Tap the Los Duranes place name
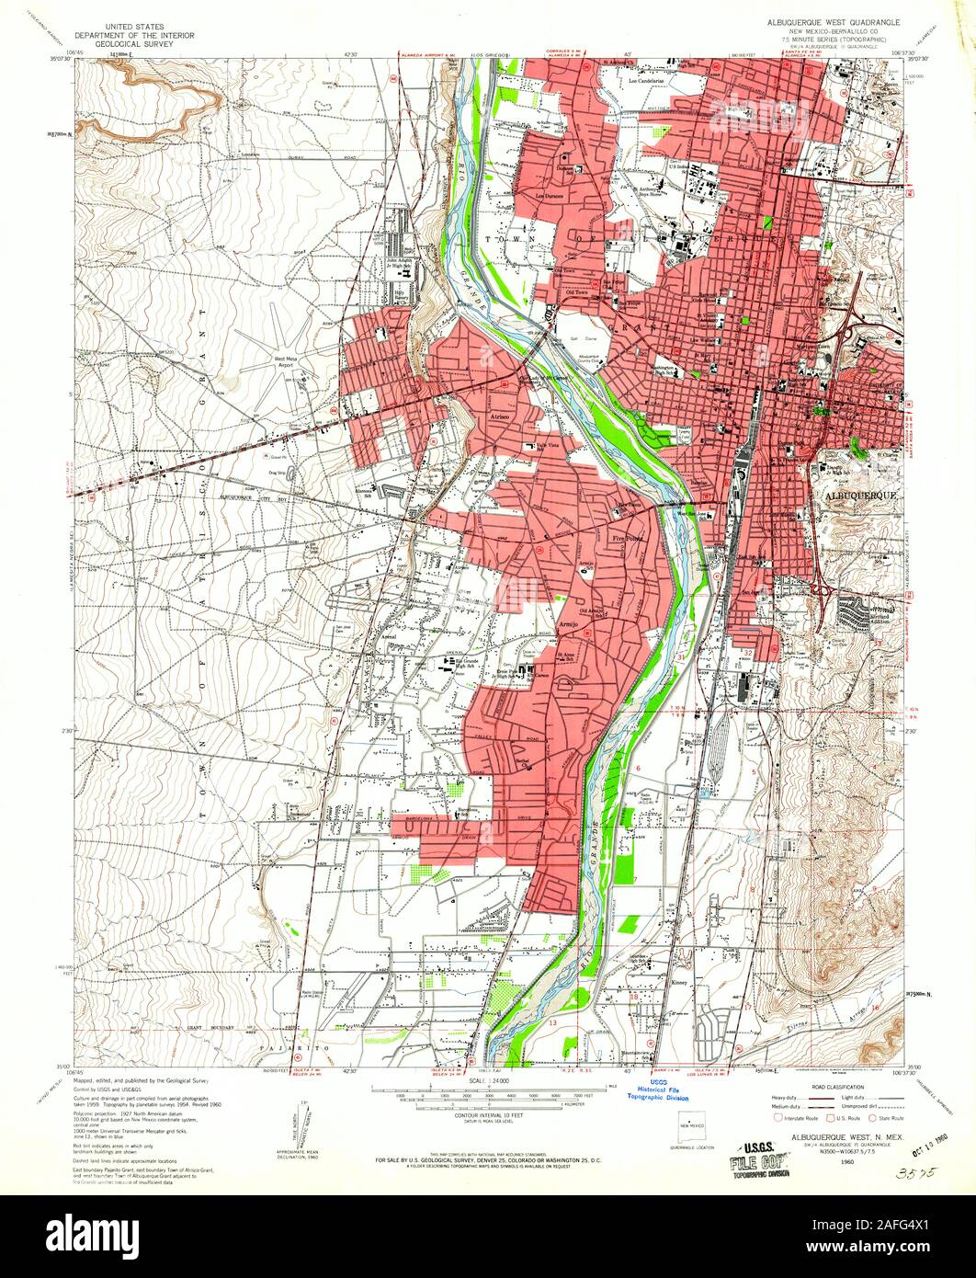(551, 195)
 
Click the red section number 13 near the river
(553, 1021)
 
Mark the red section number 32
(748, 652)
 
